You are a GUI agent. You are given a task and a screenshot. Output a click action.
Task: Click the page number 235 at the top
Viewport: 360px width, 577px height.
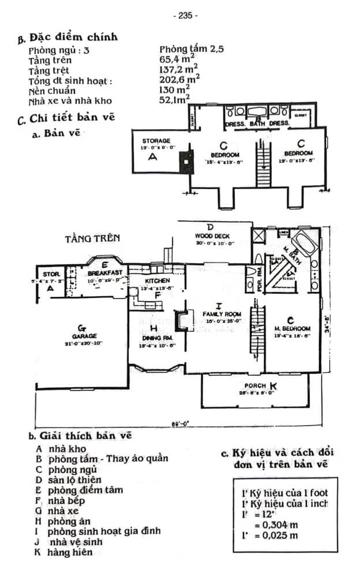pyautogui.click(x=185, y=16)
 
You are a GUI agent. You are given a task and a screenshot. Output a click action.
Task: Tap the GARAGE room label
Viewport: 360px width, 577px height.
pyautogui.click(x=84, y=335)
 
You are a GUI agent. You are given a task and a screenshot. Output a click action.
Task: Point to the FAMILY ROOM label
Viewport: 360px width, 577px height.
pyautogui.click(x=217, y=313)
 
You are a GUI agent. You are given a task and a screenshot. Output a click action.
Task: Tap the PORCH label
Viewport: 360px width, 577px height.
pyautogui.click(x=255, y=385)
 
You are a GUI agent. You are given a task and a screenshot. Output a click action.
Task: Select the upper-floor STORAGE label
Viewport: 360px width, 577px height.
pyautogui.click(x=157, y=141)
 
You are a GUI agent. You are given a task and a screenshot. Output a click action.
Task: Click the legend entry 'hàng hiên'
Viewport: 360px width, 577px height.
pyautogui.click(x=72, y=552)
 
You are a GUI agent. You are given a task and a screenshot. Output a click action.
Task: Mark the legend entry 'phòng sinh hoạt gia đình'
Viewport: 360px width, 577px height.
pyautogui.click(x=104, y=531)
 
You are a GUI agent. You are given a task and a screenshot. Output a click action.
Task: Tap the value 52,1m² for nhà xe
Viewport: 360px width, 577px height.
pyautogui.click(x=179, y=100)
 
